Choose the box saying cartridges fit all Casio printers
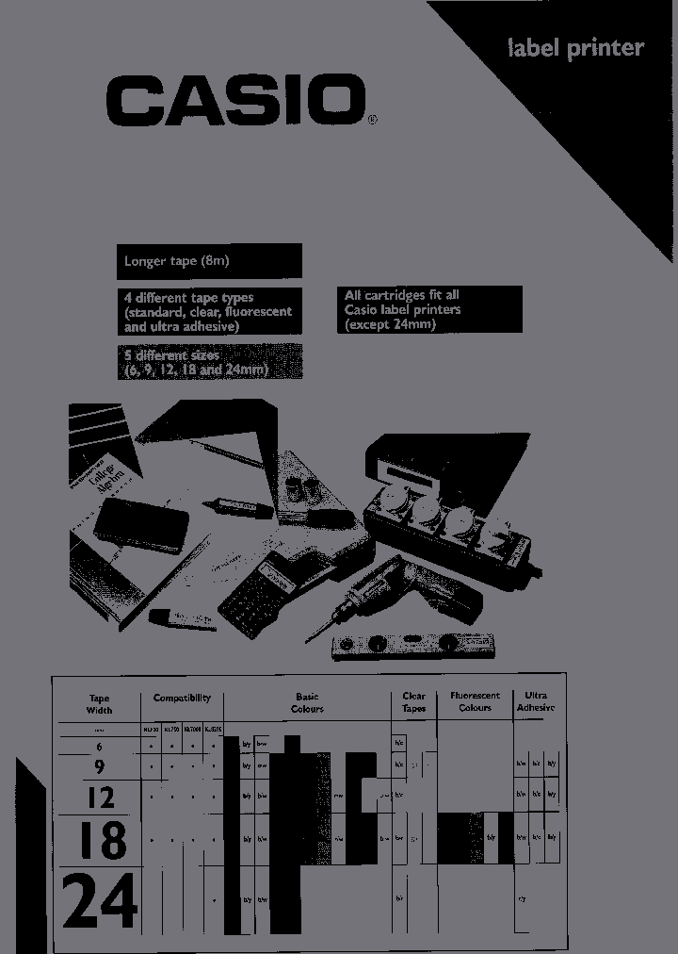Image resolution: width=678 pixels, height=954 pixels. click(428, 309)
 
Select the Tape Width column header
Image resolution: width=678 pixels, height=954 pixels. click(99, 703)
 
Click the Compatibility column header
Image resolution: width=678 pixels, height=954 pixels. click(182, 699)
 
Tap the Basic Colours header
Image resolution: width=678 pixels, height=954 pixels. click(307, 703)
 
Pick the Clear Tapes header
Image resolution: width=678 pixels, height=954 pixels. click(413, 703)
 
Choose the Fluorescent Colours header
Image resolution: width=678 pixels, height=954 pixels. click(475, 703)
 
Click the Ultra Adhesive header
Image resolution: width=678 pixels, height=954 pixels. click(536, 703)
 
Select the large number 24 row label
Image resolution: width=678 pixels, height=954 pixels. click(100, 903)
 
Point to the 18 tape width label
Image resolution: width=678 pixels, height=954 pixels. click(101, 839)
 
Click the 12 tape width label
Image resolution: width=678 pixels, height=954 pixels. click(100, 798)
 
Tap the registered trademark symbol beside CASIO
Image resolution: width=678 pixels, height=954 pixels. click(371, 120)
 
